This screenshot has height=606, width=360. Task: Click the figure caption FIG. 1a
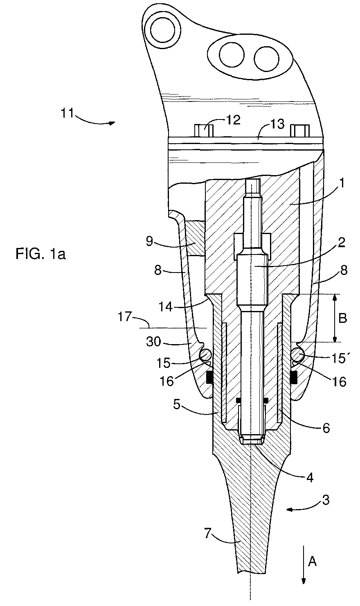pos(40,254)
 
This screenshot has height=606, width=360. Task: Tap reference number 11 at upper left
pos(67,113)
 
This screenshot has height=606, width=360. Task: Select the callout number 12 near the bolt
pos(233,120)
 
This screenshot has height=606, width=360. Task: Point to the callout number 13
pos(277,124)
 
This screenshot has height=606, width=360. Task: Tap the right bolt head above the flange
pos(300,131)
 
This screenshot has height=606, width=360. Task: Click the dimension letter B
pos(342,318)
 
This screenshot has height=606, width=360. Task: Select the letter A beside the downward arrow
pos(313,562)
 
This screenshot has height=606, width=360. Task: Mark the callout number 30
pos(154,342)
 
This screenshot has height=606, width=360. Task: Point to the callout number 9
pos(150,241)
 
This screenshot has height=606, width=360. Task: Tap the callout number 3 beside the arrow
pos(326,500)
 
